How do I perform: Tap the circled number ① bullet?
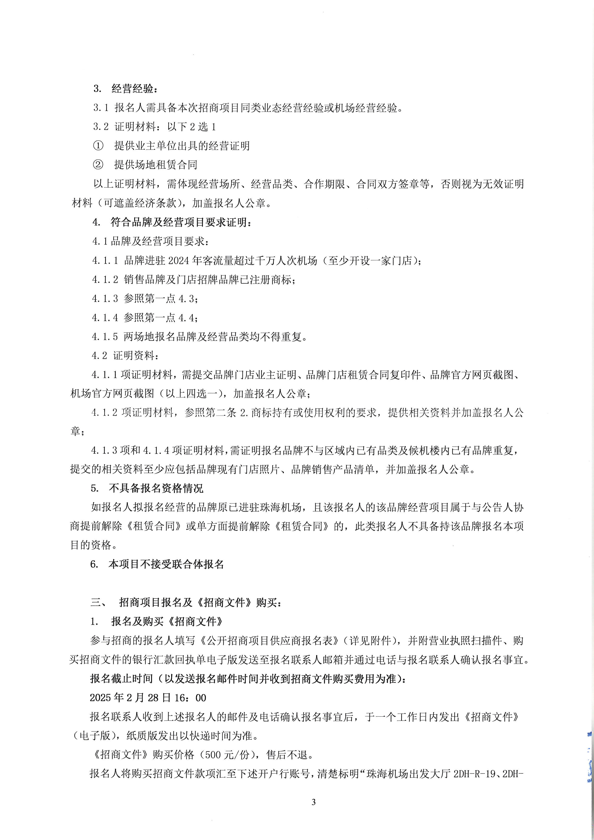[x=98, y=146]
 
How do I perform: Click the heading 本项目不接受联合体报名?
[x=166, y=565]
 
